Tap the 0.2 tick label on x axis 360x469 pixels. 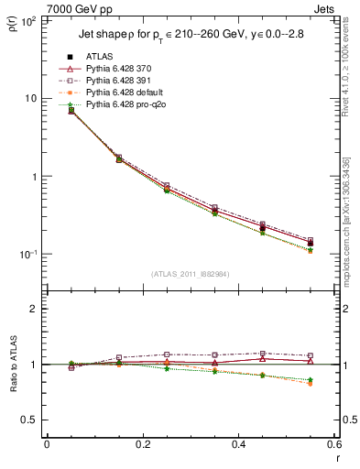tap(142, 444)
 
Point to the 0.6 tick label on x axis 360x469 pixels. tap(333, 444)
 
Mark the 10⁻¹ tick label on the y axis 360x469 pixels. tap(28, 254)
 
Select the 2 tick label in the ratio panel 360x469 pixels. tap(34, 309)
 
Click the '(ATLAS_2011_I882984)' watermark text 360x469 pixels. tap(190, 274)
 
